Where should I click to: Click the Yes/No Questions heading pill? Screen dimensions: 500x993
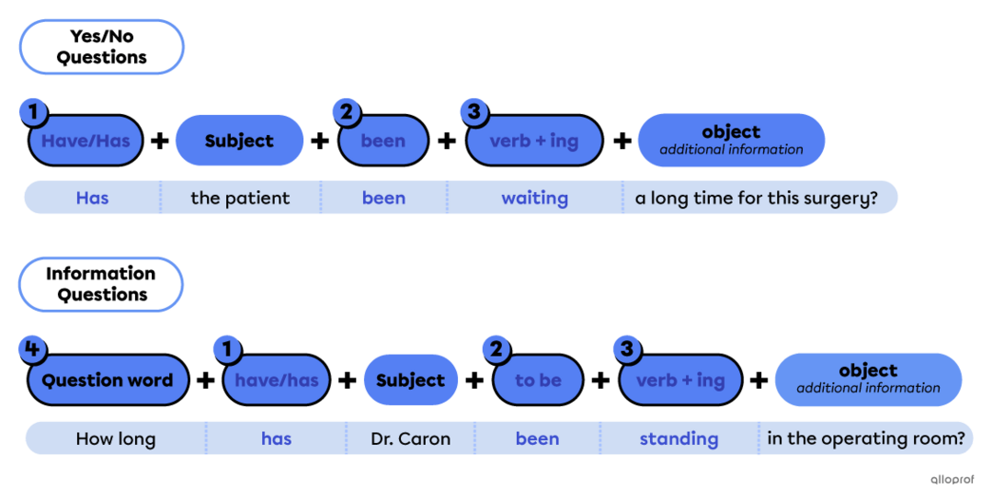coord(101,47)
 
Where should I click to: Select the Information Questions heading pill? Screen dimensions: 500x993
coord(101,284)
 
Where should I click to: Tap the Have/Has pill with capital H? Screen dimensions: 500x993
coord(86,142)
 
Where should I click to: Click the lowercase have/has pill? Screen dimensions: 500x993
coord(277,381)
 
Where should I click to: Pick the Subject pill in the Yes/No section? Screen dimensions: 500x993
coord(239,141)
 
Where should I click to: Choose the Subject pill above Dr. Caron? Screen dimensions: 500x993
coord(410,381)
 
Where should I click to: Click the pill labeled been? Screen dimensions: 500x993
coord(383,142)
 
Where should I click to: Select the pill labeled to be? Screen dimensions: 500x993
coord(538,381)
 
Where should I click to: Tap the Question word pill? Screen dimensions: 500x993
coord(108,381)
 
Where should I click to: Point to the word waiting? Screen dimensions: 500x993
coord(534,198)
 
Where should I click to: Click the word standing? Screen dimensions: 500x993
coord(679,438)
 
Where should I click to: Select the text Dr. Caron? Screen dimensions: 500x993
coord(410,438)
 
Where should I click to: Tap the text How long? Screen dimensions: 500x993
coord(116,438)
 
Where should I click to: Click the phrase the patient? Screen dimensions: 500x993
coord(240,198)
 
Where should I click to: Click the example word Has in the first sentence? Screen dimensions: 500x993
coord(92,198)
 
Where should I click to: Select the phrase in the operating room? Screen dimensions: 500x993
coord(865,438)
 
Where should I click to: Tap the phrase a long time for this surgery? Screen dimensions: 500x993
coord(757,198)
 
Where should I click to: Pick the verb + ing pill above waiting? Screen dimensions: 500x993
coord(533,142)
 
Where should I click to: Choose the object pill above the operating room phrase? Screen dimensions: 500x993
coord(868,379)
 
